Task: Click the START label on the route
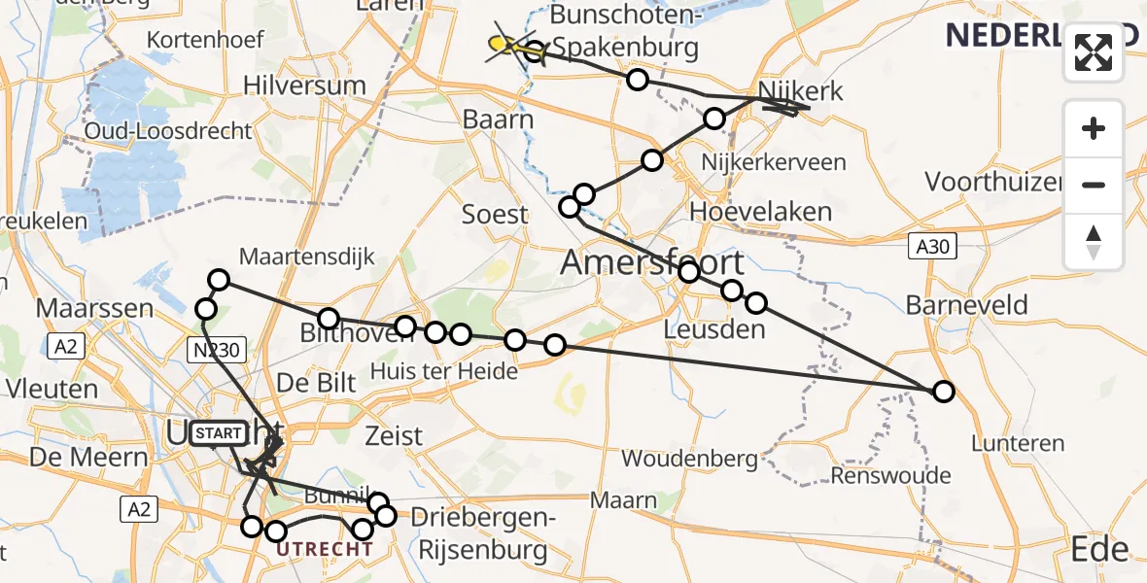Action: (220, 433)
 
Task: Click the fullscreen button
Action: (1094, 52)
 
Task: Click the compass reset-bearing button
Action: (1094, 242)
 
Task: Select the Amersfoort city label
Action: (653, 262)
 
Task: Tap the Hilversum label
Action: (304, 86)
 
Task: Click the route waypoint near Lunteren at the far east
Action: (943, 392)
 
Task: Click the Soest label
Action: (495, 215)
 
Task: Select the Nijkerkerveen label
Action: (767, 162)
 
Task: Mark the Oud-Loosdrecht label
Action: (169, 131)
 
